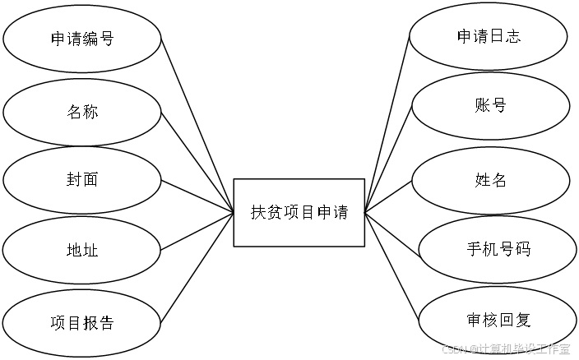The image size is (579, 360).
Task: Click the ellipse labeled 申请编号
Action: point(81,39)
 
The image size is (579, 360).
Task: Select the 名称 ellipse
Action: point(81,111)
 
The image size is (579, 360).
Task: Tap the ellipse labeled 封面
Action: point(81,179)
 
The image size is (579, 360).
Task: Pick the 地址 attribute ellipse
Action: point(81,250)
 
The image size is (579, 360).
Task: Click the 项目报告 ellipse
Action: point(81,322)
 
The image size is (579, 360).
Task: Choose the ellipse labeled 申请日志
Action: point(489,36)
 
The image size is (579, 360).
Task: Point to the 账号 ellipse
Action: point(489,106)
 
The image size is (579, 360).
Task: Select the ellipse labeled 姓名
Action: point(490,179)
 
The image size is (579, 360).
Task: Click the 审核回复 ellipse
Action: point(498,319)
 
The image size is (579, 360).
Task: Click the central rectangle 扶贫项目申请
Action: point(299,212)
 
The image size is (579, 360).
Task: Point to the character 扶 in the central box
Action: point(258,212)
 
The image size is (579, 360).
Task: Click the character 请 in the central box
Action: point(340,212)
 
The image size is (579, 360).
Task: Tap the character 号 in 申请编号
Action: point(106,39)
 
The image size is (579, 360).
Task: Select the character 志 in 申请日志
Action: point(512,36)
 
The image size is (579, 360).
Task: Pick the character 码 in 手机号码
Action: point(522,248)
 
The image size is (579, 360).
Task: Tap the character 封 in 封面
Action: point(73,179)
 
